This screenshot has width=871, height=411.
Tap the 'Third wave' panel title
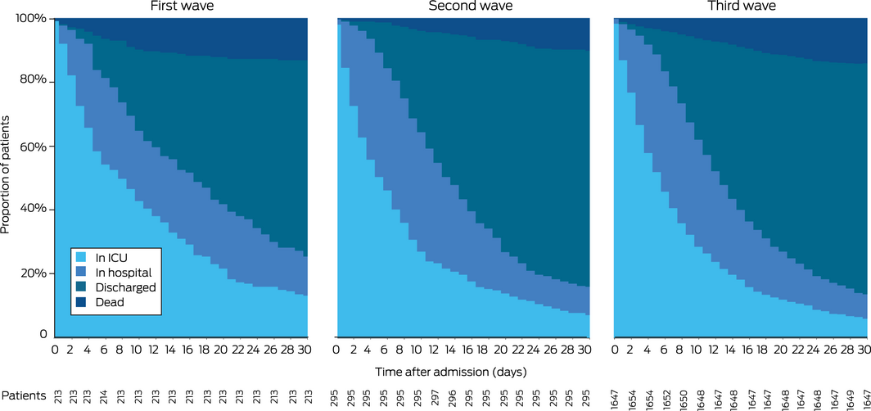tap(741, 7)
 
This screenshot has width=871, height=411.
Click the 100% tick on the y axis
tap(34, 18)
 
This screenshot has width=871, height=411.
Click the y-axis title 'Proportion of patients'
tap(7, 175)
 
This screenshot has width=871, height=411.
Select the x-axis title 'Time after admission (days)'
tap(450, 371)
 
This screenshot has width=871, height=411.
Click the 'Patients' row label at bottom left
tap(24, 396)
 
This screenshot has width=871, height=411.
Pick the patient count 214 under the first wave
tap(105, 396)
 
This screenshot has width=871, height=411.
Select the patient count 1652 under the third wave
tap(666, 396)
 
